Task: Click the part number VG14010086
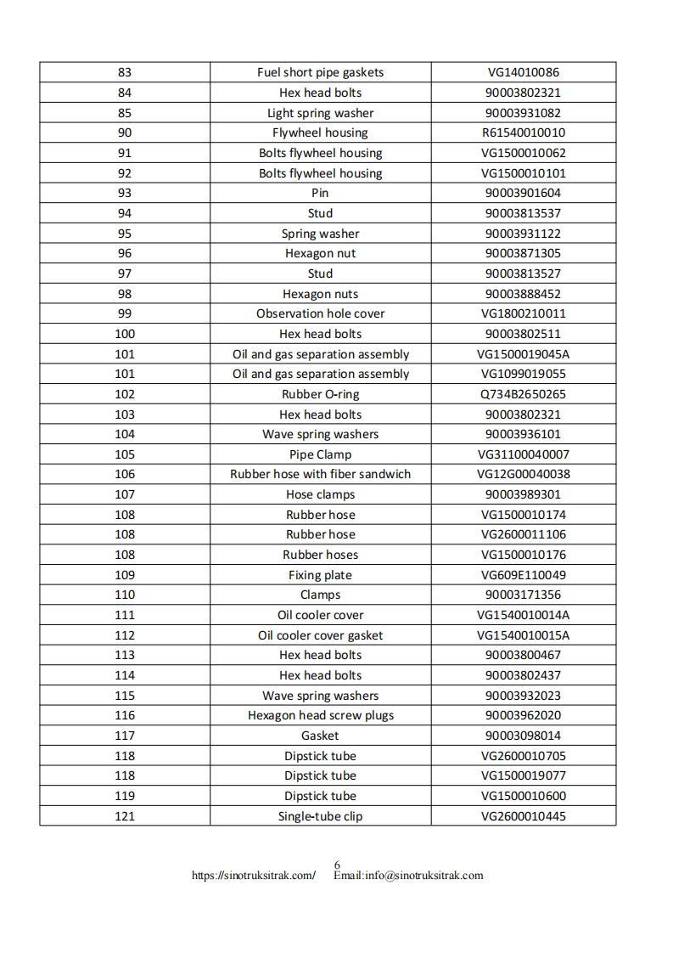click(x=523, y=73)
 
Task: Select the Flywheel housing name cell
click(x=320, y=133)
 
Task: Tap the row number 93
click(x=125, y=194)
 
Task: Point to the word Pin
click(x=320, y=194)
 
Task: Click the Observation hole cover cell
click(x=320, y=313)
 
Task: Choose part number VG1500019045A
click(x=523, y=354)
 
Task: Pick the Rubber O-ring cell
click(x=320, y=394)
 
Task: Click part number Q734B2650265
click(x=523, y=394)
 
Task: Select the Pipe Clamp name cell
click(x=320, y=454)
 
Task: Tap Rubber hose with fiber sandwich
click(x=320, y=475)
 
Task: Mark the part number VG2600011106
click(x=523, y=535)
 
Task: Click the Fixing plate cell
click(x=320, y=575)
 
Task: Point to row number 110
click(x=125, y=595)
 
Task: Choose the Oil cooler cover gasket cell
click(x=320, y=635)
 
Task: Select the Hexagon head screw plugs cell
click(x=320, y=715)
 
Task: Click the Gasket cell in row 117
click(x=320, y=736)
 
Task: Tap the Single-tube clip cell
click(x=320, y=816)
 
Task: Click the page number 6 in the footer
click(x=337, y=866)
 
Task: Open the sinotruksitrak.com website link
click(x=254, y=876)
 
